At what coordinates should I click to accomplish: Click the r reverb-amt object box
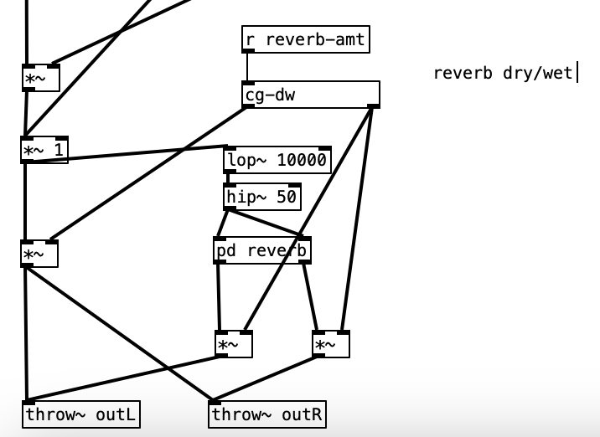306,39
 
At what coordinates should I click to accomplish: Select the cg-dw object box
311,95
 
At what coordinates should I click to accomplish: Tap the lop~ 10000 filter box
277,160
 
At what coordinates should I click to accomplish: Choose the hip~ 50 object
262,198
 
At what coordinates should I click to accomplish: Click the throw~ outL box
80,414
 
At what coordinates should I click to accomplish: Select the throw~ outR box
267,414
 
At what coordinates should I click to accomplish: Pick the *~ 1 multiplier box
44,151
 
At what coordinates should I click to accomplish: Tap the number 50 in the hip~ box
286,198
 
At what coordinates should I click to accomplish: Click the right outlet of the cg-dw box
374,105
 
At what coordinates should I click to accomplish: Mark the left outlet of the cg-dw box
248,105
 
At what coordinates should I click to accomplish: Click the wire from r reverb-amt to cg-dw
247,67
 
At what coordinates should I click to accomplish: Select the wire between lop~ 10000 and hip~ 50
227,178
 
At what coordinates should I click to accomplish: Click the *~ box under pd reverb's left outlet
233,344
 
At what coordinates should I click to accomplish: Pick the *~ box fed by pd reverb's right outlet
331,344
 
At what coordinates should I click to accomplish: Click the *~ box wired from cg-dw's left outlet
39,254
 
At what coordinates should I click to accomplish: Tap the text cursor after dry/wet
577,73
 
